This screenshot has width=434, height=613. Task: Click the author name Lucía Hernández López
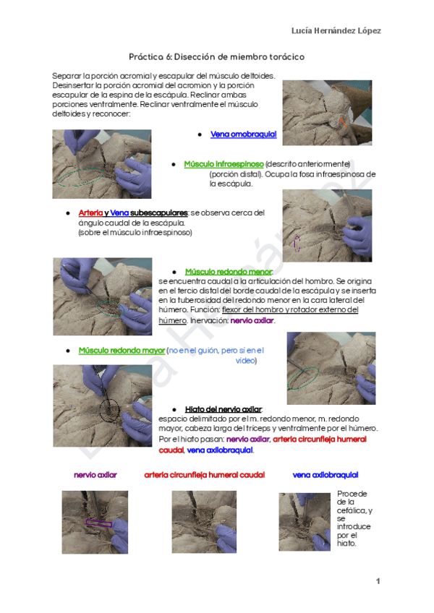[336, 30]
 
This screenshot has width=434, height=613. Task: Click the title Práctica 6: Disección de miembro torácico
[216, 56]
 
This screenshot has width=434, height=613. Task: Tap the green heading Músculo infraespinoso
[224, 164]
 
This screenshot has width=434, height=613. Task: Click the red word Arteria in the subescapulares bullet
[90, 213]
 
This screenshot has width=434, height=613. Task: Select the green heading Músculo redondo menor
[224, 271]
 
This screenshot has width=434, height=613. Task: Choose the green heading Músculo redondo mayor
[121, 351]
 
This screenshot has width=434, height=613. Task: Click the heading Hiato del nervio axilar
[223, 409]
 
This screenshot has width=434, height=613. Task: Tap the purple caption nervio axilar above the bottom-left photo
[95, 475]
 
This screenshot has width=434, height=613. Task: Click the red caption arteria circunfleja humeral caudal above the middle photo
[204, 475]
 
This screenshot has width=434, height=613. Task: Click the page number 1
[378, 581]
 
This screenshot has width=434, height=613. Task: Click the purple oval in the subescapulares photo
[297, 244]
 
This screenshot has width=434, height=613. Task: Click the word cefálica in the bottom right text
[349, 510]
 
